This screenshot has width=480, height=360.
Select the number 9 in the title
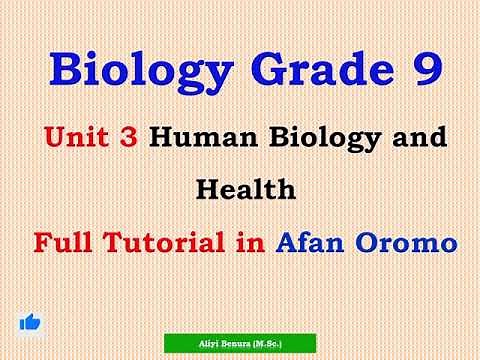click(x=423, y=70)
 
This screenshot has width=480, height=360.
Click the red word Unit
click(x=77, y=138)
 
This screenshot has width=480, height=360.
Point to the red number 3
click(x=128, y=138)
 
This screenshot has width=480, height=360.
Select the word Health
click(x=240, y=188)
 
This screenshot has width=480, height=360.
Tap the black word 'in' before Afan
click(x=249, y=242)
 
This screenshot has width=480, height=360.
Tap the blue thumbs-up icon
click(x=30, y=322)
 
